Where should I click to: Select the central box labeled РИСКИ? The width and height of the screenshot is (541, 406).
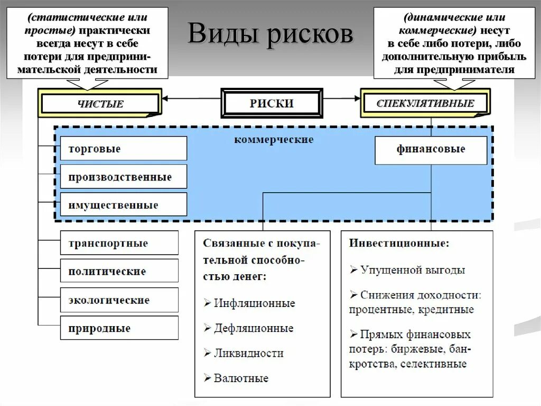point(271,103)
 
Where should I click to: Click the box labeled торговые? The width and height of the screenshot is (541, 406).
point(124,149)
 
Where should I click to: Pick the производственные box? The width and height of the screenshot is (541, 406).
point(124,177)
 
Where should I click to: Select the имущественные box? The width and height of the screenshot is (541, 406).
point(124,205)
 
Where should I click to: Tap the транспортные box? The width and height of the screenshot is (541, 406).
point(119,243)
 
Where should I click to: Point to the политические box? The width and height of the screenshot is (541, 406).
point(119,272)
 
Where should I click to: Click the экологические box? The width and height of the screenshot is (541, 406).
point(119,300)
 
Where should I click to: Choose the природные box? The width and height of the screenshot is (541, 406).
point(119,328)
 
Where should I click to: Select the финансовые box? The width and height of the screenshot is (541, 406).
point(431,149)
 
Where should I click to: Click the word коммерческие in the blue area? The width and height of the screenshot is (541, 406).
point(274,140)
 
